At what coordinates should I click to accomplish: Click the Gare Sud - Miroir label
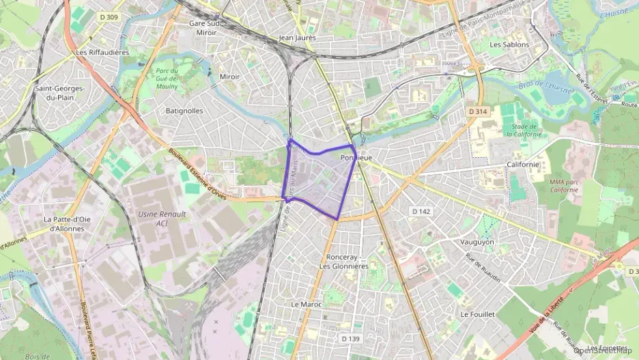[x=206, y=27]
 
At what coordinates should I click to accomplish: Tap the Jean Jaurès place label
[x=298, y=38]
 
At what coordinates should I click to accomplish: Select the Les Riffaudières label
[x=103, y=52]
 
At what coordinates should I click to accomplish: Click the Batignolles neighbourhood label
[x=184, y=110]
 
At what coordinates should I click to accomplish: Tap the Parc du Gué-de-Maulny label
[x=166, y=79]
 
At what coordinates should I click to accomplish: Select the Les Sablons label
[x=509, y=44]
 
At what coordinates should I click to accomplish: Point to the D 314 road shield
[x=479, y=111]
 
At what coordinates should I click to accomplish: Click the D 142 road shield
[x=422, y=212]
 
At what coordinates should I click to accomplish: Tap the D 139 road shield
[x=350, y=338]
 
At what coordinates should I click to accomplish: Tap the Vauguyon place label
[x=477, y=242]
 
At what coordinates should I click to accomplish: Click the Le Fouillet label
[x=478, y=314]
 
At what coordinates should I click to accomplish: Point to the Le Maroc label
[x=306, y=304]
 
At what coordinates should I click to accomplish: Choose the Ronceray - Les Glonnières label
[x=348, y=262]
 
